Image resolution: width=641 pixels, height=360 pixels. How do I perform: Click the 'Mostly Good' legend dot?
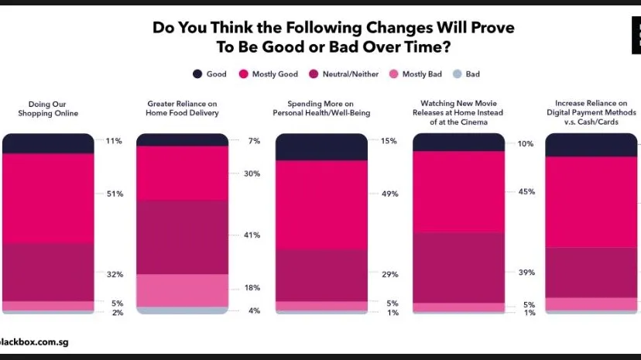pyautogui.click(x=244, y=74)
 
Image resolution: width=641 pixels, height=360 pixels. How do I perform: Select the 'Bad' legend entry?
pyautogui.click(x=467, y=74)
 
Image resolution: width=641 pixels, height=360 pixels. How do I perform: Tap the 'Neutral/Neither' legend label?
pyautogui.click(x=351, y=74)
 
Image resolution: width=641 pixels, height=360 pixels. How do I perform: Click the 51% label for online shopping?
pyautogui.click(x=115, y=194)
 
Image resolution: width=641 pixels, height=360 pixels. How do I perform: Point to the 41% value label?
pyautogui.click(x=252, y=235)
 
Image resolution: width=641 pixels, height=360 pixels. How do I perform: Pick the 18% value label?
pyautogui.click(x=252, y=288)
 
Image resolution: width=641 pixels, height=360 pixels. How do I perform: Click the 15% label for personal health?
pyautogui.click(x=389, y=141)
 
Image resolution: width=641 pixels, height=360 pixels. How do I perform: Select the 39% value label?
pyautogui.click(x=526, y=273)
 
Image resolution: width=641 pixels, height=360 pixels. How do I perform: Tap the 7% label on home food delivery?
pyautogui.click(x=254, y=141)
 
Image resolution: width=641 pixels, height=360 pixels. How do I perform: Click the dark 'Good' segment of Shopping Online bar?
pyautogui.click(x=48, y=143)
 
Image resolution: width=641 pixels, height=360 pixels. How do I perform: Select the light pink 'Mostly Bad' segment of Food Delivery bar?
pyautogui.click(x=183, y=290)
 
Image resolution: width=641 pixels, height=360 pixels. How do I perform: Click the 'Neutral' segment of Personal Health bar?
pyautogui.click(x=321, y=276)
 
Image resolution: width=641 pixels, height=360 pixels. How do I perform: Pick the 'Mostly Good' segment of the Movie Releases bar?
pyautogui.click(x=458, y=192)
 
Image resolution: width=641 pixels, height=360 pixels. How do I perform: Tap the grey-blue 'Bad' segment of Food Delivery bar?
pyautogui.click(x=183, y=310)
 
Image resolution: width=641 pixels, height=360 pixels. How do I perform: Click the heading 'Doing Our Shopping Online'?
pyautogui.click(x=48, y=108)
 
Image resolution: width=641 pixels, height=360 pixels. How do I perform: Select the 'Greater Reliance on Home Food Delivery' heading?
pyautogui.click(x=183, y=108)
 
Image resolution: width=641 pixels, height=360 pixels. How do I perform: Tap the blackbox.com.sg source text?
pyautogui.click(x=34, y=342)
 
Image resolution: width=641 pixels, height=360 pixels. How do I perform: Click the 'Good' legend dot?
pyautogui.click(x=197, y=74)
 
